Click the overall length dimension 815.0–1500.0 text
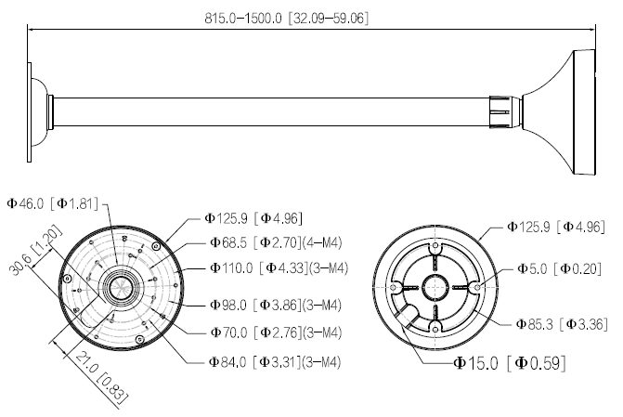[287, 18]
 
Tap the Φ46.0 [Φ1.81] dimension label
[52, 203]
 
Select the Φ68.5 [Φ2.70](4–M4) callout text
[276, 242]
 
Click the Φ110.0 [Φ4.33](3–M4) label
[279, 267]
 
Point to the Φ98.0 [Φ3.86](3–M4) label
[276, 305]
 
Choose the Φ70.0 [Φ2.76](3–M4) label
[276, 332]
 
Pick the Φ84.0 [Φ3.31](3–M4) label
[275, 362]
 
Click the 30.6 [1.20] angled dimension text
[35, 250]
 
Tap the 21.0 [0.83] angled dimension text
[102, 375]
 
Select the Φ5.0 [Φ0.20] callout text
[559, 269]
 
